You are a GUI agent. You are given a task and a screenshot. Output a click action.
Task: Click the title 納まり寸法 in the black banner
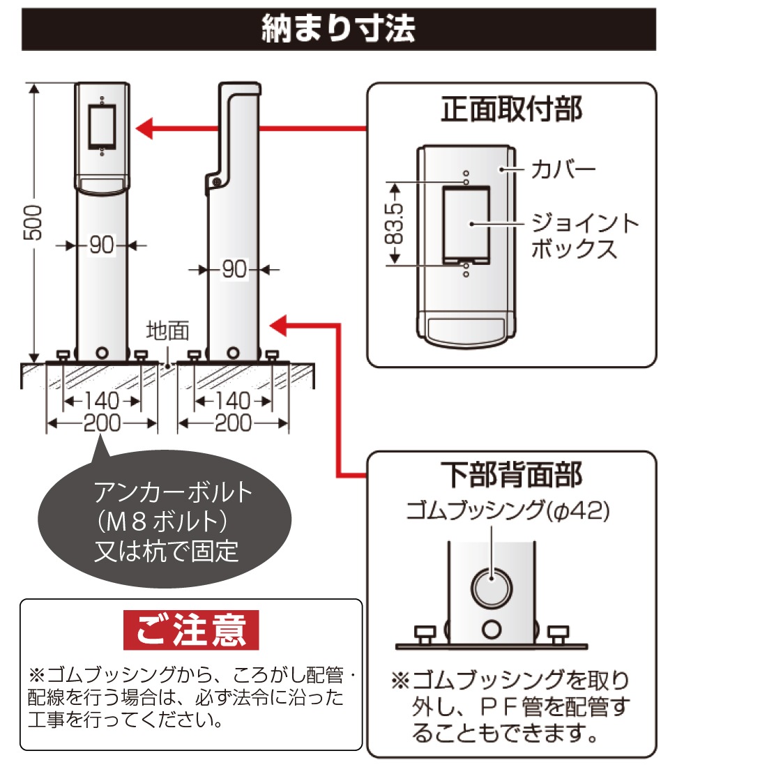coord(338,29)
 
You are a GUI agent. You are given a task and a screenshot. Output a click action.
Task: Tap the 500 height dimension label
coord(33,222)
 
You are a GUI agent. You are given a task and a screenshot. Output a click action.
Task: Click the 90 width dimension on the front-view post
coord(102,245)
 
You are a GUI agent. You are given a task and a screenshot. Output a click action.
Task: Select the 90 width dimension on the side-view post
coord(234,269)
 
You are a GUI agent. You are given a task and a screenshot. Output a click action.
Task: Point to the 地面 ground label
coord(167,331)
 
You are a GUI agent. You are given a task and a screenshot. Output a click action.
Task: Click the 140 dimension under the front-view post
coord(102,401)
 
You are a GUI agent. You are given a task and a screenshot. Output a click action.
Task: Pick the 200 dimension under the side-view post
coord(233,423)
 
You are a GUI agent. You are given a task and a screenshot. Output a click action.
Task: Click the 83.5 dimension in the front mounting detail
coord(395,223)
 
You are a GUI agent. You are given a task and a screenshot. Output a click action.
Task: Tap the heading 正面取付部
coord(511,109)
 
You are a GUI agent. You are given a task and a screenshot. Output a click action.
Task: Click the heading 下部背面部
coord(511,475)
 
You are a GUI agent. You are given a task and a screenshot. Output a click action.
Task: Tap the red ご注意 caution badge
coord(191,630)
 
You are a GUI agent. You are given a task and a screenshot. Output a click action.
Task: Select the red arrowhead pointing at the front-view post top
coord(144,129)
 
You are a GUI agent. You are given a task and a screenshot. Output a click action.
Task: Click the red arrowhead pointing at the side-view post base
coord(278,325)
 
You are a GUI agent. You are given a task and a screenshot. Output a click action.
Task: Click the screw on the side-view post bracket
coord(215,182)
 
